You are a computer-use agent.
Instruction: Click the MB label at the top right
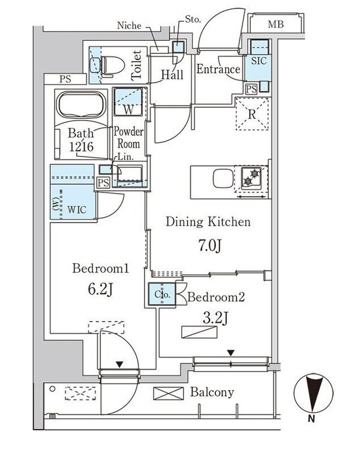point(275,25)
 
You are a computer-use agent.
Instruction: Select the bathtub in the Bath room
point(80,106)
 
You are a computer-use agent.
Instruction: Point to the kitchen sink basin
point(221,179)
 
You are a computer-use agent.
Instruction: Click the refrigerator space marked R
point(253,112)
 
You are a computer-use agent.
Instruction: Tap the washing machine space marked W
point(128,102)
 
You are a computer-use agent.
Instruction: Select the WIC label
point(76,210)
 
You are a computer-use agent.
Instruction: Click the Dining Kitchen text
point(208,223)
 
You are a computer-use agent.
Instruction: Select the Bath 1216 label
point(80,139)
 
